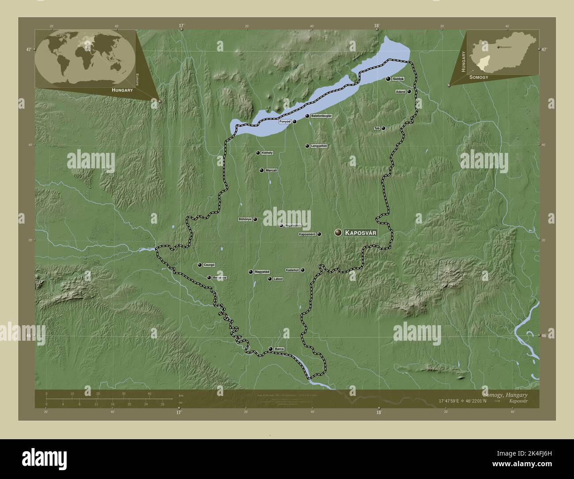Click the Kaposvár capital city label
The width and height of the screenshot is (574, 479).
click(361, 232)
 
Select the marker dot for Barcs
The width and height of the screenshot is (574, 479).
click(271, 349)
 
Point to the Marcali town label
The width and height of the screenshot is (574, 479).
click(272, 170)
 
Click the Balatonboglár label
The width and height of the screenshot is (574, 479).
click(321, 116)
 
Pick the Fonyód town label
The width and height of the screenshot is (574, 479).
click(285, 121)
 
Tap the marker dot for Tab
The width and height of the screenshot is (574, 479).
click(383, 128)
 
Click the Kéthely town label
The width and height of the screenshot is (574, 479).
click(267, 153)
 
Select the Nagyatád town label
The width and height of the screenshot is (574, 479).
click(262, 272)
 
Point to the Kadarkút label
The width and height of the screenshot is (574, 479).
click(293, 270)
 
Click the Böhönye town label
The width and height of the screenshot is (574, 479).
click(245, 219)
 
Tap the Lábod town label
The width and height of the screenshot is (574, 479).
click(278, 279)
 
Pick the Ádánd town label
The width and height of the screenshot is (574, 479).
click(400, 91)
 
